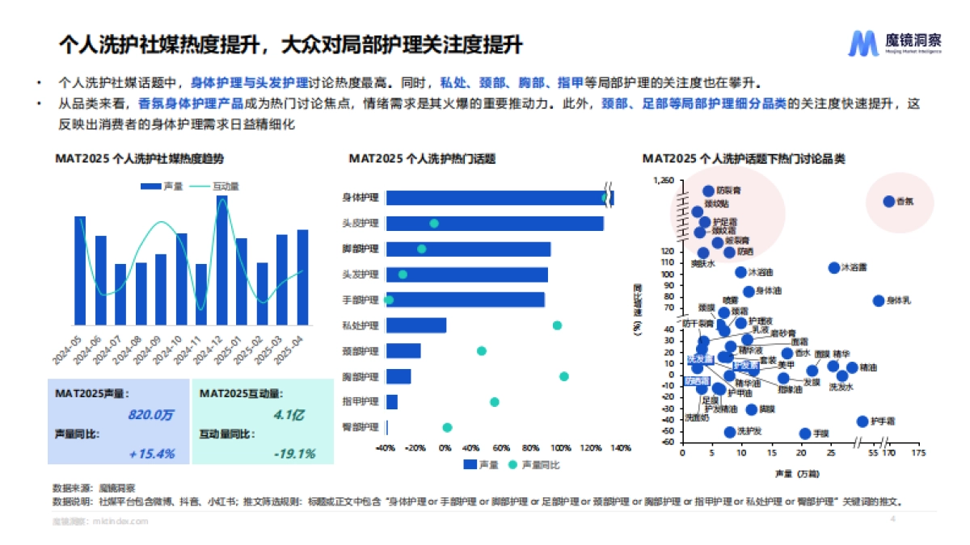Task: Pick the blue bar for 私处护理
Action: click(415, 325)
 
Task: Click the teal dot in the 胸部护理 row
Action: click(564, 376)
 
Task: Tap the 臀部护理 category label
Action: click(361, 427)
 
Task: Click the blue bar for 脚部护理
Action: click(468, 249)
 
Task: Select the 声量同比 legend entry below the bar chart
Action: click(534, 465)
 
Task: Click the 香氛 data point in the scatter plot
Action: click(888, 201)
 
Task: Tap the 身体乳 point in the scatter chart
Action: click(879, 301)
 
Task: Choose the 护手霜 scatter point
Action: click(862, 421)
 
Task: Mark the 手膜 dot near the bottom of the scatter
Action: click(804, 434)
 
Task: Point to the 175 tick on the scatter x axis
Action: click(917, 454)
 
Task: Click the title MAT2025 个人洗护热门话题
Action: click(421, 159)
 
